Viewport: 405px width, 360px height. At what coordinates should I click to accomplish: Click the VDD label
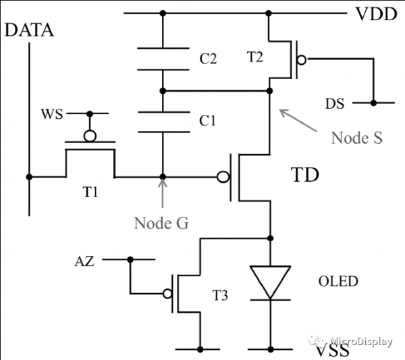(377, 14)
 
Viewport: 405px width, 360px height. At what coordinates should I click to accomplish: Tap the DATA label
(29, 30)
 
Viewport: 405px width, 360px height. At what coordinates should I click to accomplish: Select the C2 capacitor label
(208, 59)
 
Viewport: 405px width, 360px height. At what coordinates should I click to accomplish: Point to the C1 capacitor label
(207, 121)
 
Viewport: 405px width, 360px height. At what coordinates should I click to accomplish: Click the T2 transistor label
(255, 57)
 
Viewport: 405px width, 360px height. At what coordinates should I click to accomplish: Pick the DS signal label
(335, 103)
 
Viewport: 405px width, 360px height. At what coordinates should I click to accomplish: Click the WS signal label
(52, 114)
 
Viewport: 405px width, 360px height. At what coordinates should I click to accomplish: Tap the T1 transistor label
(90, 192)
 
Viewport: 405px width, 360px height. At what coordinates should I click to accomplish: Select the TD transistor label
(305, 175)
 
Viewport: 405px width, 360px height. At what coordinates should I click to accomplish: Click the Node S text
(356, 138)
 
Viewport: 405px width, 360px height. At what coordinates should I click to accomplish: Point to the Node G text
(161, 223)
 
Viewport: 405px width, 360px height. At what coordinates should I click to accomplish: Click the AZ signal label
(84, 261)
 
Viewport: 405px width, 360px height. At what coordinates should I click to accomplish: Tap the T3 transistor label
(220, 295)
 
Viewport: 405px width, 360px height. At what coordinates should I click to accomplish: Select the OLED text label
(338, 282)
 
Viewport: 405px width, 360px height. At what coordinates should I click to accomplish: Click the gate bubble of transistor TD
(223, 177)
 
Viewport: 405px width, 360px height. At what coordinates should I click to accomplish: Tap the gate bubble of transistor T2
(302, 60)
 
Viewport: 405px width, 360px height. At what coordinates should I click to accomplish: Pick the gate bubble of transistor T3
(167, 294)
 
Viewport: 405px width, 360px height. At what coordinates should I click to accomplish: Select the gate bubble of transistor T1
(90, 136)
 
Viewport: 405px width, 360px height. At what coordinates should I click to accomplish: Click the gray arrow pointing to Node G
(163, 193)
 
